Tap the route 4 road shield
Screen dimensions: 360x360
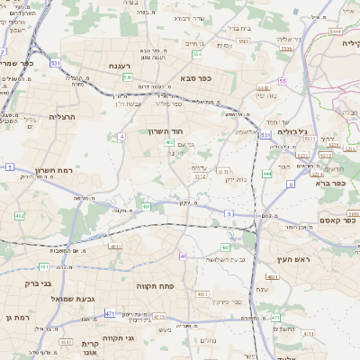[x=121, y=136]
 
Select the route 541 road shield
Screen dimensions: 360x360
[x=128, y=78]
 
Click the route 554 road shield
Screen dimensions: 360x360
[x=196, y=54]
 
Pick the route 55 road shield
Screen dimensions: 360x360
[x=283, y=81]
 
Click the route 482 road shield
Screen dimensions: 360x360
[x=20, y=216]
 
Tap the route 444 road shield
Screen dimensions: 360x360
[x=267, y=173]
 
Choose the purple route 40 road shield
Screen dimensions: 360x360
[x=184, y=256]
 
